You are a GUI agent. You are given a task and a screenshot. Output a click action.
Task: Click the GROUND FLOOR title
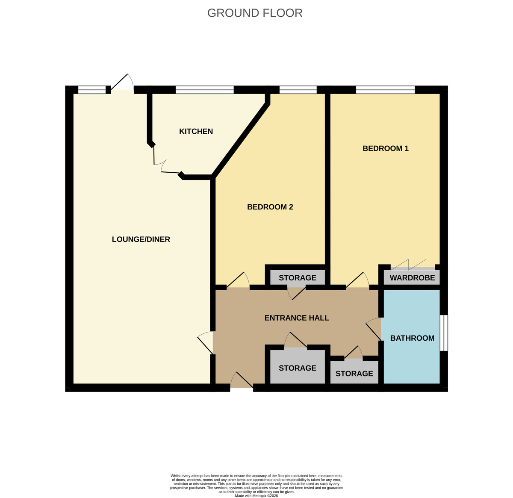255,13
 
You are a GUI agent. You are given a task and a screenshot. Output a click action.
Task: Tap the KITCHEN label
196,131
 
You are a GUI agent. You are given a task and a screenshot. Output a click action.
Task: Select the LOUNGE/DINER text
141,239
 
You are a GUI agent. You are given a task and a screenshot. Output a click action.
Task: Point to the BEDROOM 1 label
386,148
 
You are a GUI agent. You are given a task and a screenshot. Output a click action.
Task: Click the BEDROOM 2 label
270,207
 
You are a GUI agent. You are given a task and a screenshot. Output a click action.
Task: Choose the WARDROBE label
412,278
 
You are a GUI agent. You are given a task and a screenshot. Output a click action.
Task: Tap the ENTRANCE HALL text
297,318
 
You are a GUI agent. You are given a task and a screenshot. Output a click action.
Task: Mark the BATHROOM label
412,338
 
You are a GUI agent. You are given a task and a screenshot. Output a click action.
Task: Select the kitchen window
204,90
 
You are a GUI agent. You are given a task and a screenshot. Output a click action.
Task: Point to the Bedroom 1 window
385,90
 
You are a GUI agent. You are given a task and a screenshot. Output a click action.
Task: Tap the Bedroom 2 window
298,90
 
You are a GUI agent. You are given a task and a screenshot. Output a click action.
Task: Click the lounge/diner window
92,90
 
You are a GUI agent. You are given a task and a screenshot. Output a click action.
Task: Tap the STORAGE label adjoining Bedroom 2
298,278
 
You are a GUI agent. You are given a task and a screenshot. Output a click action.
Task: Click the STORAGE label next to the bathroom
354,374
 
